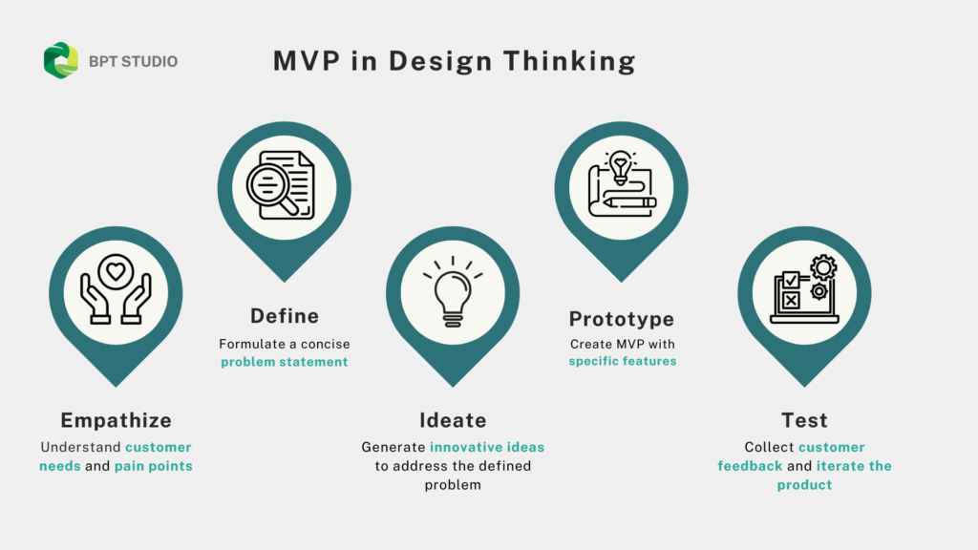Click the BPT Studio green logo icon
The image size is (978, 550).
(60, 60)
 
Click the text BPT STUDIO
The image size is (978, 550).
(133, 62)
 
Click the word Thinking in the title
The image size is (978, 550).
(569, 61)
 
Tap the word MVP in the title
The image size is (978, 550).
(307, 61)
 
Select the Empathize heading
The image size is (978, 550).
(116, 420)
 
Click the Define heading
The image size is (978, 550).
(285, 316)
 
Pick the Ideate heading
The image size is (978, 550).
(453, 420)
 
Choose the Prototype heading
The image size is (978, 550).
(621, 319)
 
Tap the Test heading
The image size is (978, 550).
(804, 420)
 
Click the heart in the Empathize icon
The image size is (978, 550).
(116, 272)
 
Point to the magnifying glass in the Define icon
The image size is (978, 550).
(271, 188)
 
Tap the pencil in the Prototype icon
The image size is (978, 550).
(629, 202)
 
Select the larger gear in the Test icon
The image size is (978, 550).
(823, 268)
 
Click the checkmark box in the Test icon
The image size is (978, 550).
(791, 280)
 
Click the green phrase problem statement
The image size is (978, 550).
(285, 362)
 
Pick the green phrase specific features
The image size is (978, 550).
(623, 361)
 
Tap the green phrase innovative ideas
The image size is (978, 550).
(487, 447)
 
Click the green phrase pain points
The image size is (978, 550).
(154, 466)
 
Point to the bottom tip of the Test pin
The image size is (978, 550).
(804, 387)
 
